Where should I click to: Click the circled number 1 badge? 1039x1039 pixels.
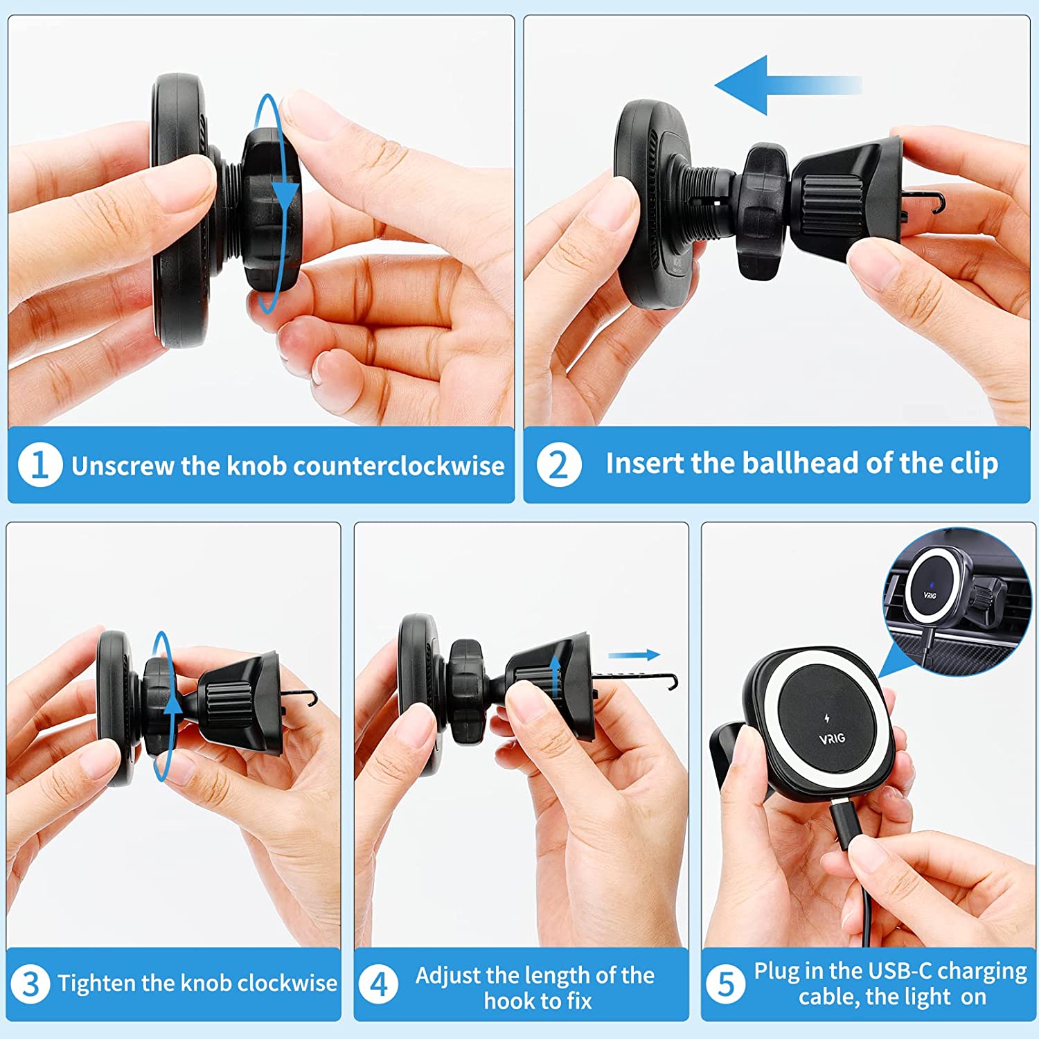40,464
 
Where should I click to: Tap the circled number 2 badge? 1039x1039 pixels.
558,464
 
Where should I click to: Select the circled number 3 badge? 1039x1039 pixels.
30,984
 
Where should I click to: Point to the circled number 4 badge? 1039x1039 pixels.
379,984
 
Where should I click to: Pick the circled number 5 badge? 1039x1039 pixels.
726,984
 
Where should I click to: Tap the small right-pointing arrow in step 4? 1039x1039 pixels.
634,655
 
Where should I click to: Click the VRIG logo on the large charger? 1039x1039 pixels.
832,738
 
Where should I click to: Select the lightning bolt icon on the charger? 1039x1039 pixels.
826,718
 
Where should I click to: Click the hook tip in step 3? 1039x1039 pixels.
312,697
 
